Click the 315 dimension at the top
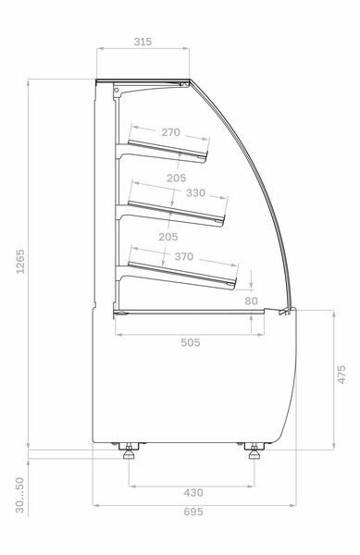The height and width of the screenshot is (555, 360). pos(143,42)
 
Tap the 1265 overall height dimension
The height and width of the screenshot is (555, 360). pos(20,262)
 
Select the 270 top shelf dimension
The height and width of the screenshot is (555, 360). pos(170,132)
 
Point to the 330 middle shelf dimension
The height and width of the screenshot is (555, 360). pos(196,193)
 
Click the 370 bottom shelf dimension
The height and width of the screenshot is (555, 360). pos(184,256)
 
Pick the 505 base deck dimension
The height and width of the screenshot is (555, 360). pos(191,342)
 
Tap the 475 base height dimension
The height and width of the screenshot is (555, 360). pos(341,374)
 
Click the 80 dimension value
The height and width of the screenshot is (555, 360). pos(251,301)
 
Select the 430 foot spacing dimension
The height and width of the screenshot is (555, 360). pos(193,493)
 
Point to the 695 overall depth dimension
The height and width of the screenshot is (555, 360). pos(193,512)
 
